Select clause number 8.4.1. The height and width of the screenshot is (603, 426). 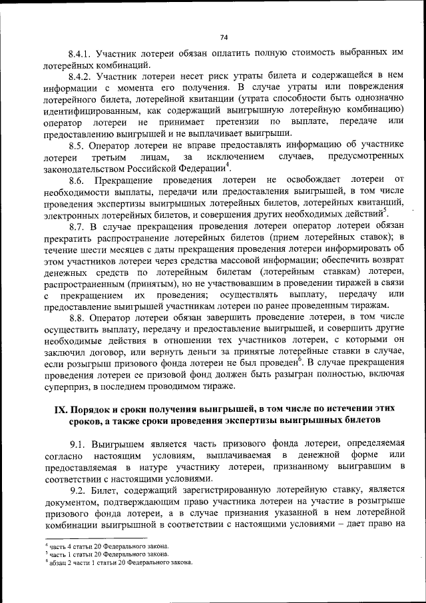coord(81,53)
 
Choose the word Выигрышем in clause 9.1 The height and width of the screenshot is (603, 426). coord(122,443)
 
